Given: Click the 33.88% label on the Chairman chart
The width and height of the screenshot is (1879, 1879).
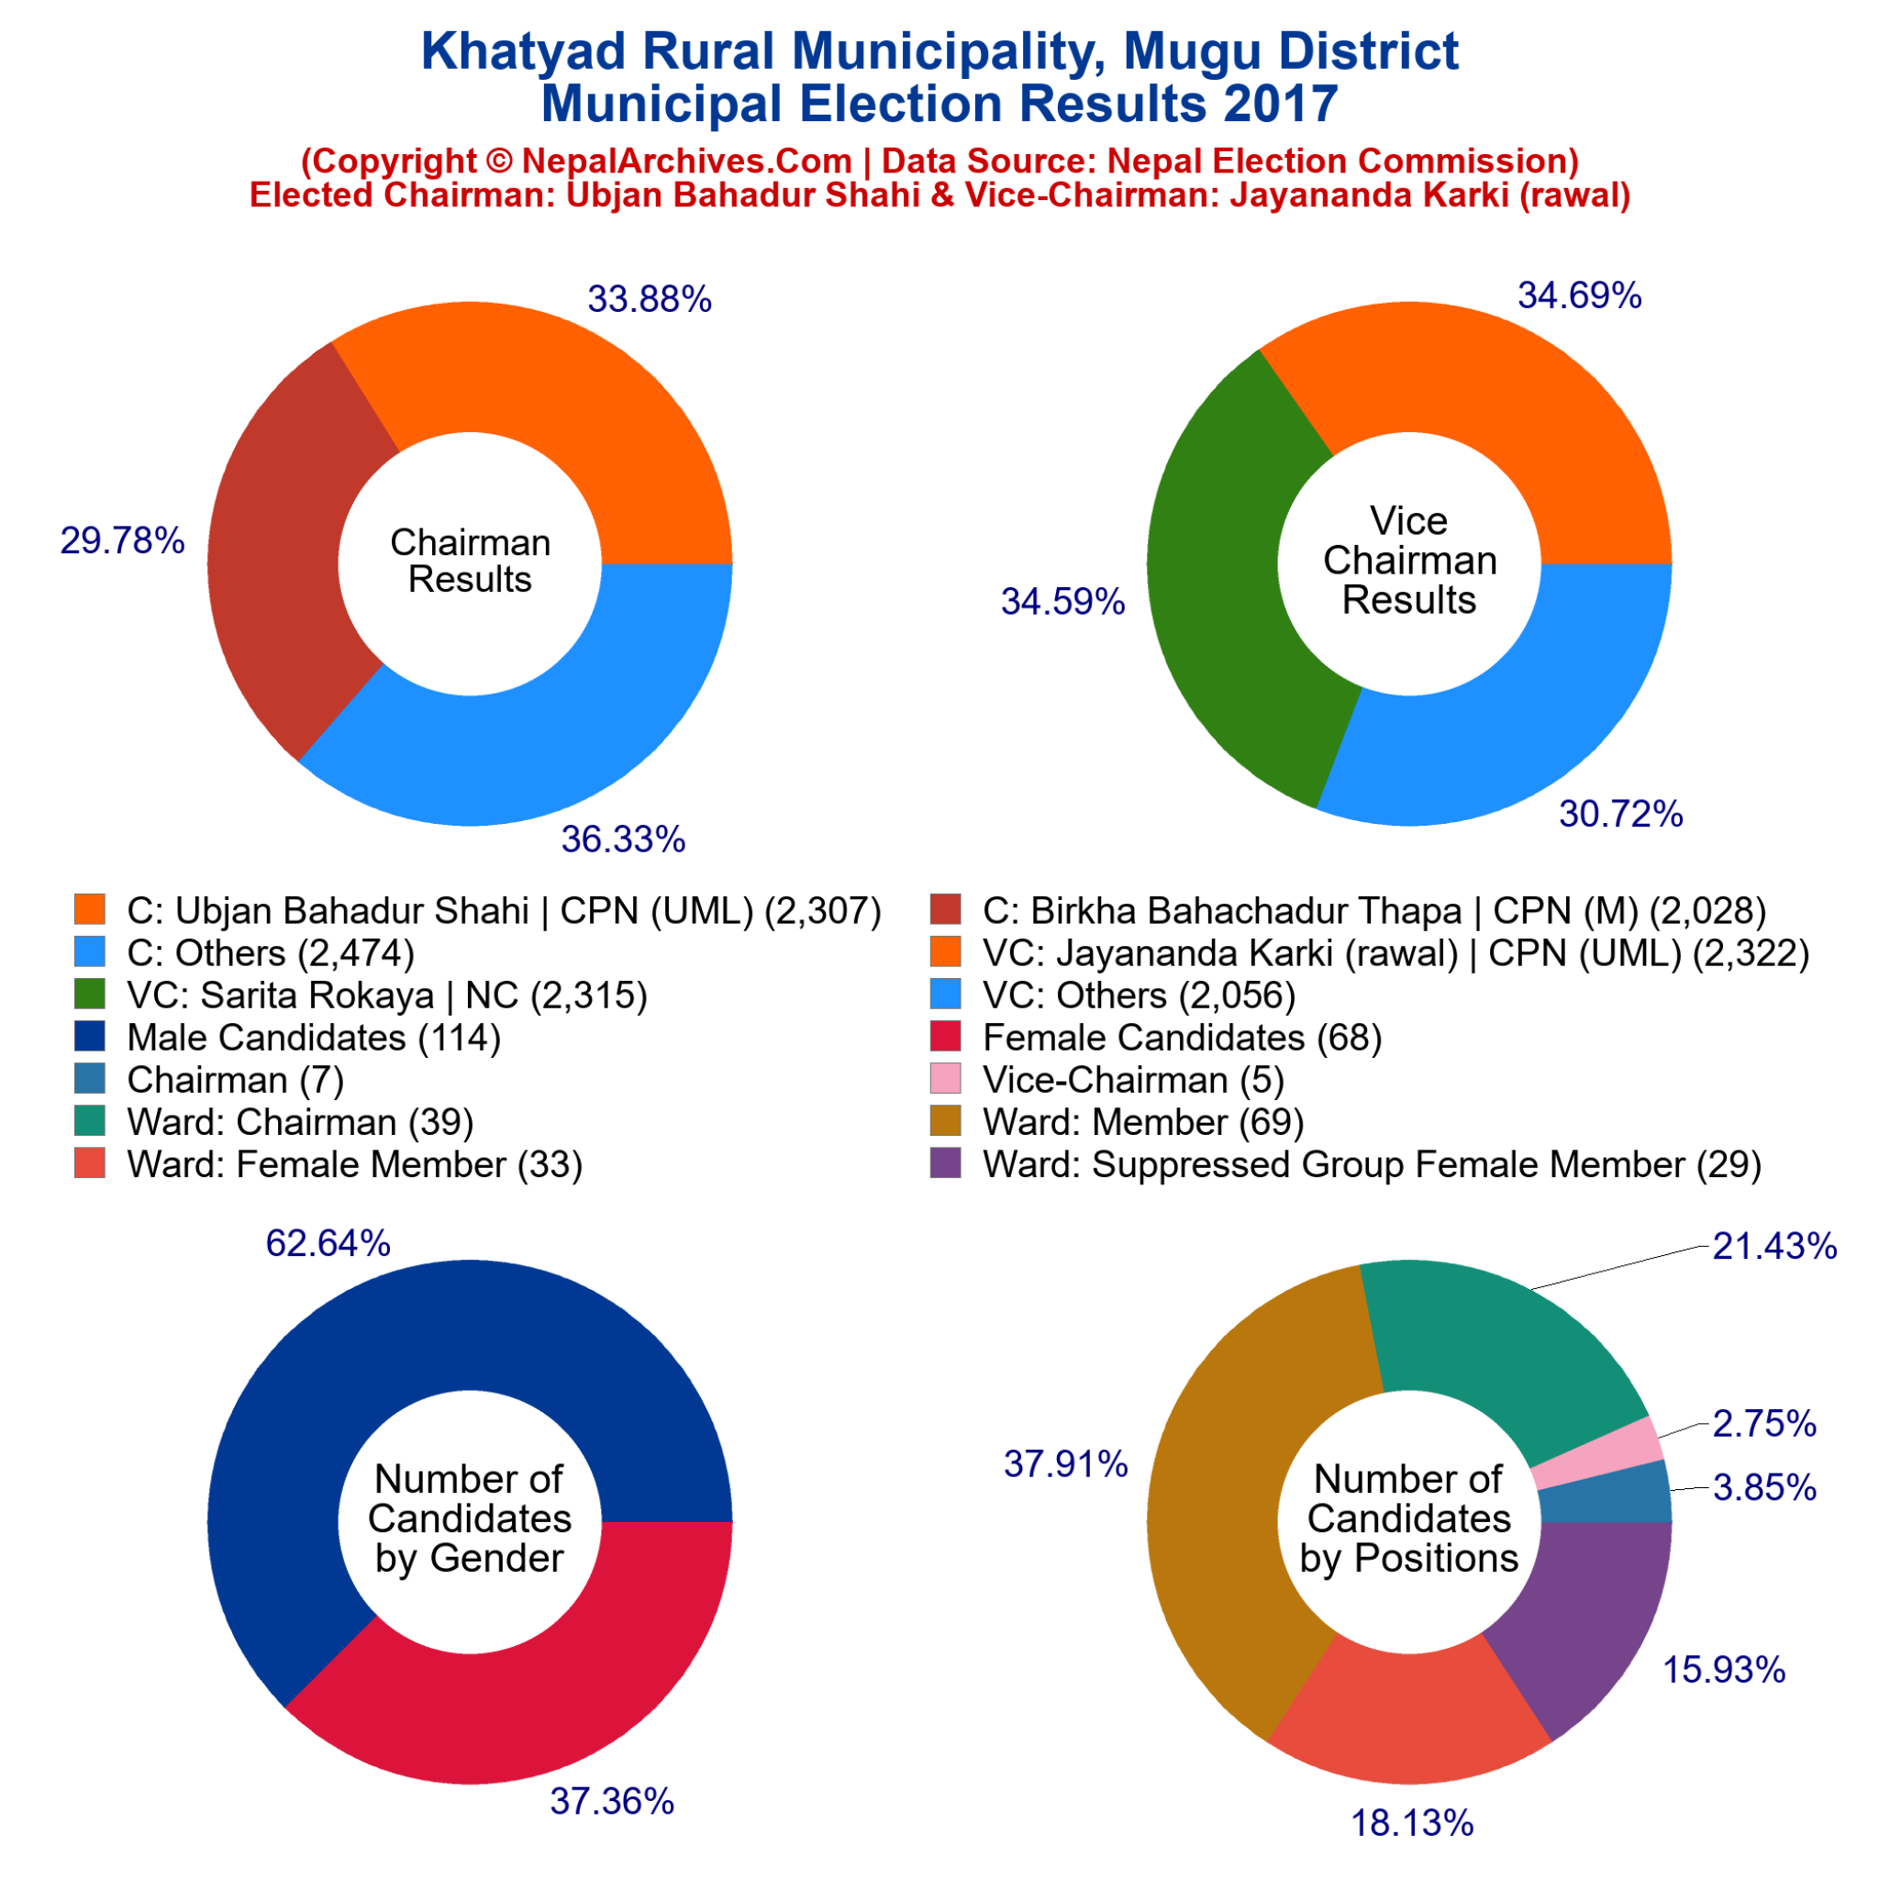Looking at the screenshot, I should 649,299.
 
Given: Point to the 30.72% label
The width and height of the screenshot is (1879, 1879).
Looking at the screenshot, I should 1620,814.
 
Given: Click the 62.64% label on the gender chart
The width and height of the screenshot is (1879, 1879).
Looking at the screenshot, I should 328,1243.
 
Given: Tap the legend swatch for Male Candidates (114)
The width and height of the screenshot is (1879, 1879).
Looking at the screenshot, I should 90,1037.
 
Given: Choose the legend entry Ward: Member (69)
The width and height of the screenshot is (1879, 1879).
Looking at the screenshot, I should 1143,1121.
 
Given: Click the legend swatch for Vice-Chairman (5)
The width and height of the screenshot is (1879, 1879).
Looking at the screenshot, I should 945,1079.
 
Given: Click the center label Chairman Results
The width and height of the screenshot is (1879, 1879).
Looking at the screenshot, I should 470,561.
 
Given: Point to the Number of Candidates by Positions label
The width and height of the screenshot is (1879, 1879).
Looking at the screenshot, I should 1408,1518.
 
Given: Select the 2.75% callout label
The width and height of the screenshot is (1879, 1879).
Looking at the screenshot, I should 1764,1424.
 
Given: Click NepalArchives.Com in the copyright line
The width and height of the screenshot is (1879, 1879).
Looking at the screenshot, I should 686,161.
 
